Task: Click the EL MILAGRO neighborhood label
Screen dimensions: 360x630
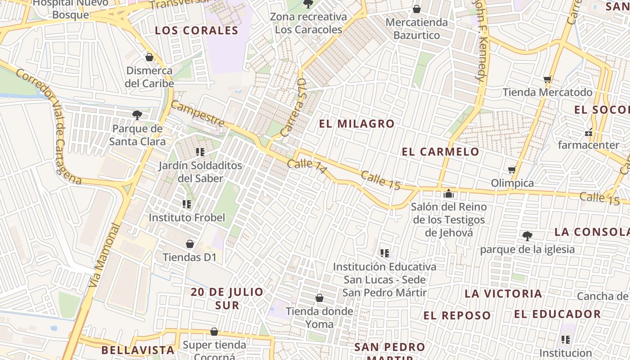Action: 357,124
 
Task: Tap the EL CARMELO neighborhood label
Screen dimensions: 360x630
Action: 441,152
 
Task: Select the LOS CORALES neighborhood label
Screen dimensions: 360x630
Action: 196,31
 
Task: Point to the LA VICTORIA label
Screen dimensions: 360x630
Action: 503,294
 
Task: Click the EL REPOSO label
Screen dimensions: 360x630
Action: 457,315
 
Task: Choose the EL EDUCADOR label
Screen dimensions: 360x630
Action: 557,314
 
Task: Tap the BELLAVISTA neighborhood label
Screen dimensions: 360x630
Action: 138,350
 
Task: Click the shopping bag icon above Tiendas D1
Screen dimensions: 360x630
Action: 190,244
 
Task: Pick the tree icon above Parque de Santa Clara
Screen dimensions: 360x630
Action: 137,115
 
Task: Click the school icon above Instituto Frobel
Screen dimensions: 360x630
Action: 187,204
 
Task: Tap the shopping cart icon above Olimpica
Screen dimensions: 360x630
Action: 512,170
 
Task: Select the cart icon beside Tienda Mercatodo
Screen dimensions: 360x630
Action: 548,80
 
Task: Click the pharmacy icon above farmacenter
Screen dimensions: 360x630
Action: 588,132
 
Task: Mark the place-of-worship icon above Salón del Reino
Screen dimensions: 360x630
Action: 449,193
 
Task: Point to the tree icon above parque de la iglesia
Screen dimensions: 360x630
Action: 527,236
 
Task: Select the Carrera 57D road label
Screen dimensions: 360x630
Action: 293,108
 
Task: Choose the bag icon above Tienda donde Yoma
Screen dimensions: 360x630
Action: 319,298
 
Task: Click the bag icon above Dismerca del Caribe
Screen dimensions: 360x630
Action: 149,57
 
